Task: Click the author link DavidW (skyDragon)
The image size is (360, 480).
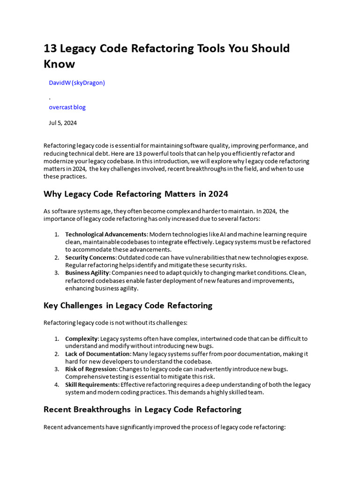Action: pos(77,82)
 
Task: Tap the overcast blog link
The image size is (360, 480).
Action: pos(67,107)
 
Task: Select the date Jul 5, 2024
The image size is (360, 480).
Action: pos(63,123)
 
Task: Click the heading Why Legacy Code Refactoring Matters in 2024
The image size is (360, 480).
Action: pos(135,194)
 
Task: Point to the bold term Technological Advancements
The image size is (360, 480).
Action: pos(106,234)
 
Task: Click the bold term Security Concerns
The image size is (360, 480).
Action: pos(90,257)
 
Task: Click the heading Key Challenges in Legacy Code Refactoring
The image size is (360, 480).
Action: pos(127,305)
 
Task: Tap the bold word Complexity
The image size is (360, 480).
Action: pos(82,338)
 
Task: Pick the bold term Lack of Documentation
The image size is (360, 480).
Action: pos(97,354)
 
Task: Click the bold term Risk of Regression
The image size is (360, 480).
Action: pos(91,369)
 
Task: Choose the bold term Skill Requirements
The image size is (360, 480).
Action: pos(92,385)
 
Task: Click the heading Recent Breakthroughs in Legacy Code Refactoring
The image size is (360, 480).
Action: pos(142,409)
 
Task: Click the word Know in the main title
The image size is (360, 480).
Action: pos(59,63)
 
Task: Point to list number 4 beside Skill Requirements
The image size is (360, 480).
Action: pos(56,385)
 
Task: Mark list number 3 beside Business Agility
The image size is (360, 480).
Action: pos(56,273)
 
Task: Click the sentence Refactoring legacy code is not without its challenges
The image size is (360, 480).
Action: pos(115,322)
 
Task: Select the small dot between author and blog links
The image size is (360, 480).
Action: pos(50,98)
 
